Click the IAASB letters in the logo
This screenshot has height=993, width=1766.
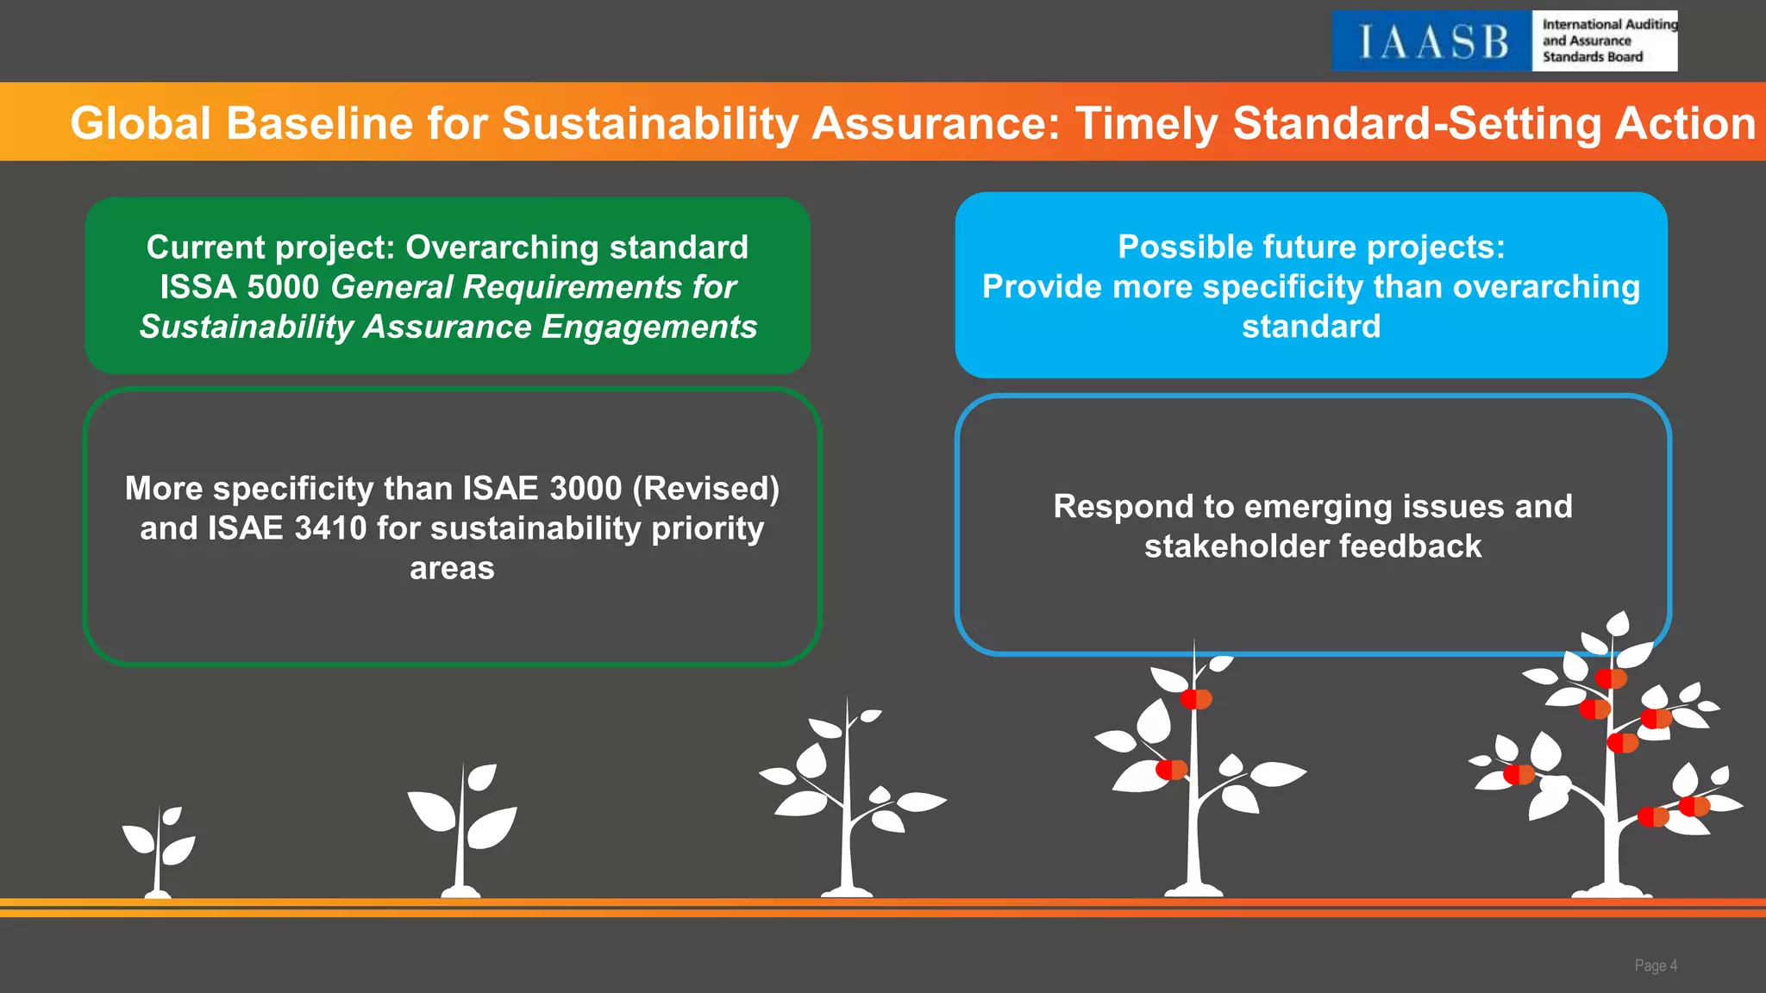1432,41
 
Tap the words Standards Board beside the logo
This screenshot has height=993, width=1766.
1593,57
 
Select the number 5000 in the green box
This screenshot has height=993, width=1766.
282,287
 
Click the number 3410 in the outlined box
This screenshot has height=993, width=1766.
330,528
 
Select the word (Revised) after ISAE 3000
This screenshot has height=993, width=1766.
705,489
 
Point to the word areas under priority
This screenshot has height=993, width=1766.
452,568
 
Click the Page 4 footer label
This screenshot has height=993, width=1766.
1655,965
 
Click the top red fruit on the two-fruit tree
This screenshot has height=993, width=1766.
1196,698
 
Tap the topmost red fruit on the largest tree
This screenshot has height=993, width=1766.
1610,678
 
